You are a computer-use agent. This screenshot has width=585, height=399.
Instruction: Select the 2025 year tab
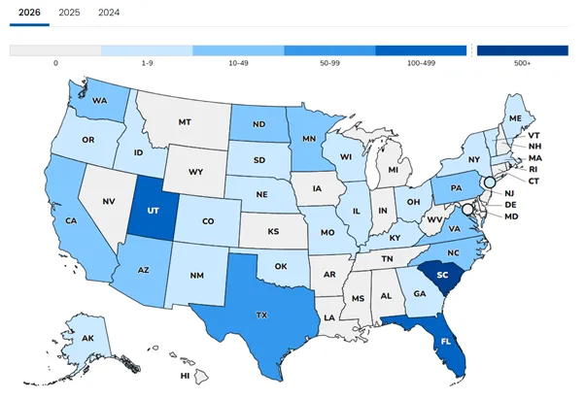click(x=68, y=13)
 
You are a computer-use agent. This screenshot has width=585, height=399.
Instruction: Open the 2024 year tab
click(x=109, y=13)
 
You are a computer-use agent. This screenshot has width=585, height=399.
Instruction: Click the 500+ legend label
click(x=522, y=62)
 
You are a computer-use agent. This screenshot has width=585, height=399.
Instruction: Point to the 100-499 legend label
click(x=421, y=62)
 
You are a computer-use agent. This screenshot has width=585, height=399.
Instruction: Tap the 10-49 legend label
click(x=238, y=62)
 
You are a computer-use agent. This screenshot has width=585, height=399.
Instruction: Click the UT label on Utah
click(x=151, y=210)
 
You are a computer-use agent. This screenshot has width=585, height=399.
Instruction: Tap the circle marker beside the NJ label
click(x=490, y=182)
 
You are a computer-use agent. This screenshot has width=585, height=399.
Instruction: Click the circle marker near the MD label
click(x=466, y=209)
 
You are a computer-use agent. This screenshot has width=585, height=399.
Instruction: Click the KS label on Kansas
click(x=273, y=232)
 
